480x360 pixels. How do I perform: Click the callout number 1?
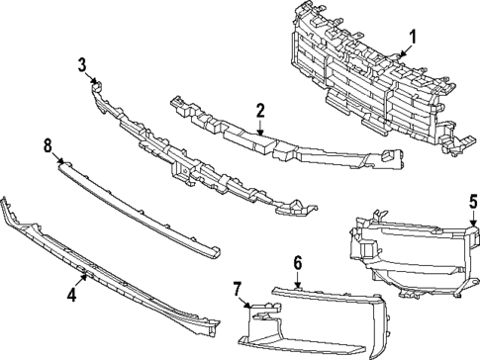[x=414, y=38]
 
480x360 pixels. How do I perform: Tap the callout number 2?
[x=259, y=110]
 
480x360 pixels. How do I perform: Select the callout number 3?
[x=82, y=65]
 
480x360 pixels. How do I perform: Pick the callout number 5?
[x=472, y=202]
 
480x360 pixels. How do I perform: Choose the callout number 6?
[x=297, y=263]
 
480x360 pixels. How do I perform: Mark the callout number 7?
[x=238, y=288]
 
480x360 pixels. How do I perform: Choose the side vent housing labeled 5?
[x=406, y=262]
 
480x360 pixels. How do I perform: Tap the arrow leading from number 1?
[x=406, y=49]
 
